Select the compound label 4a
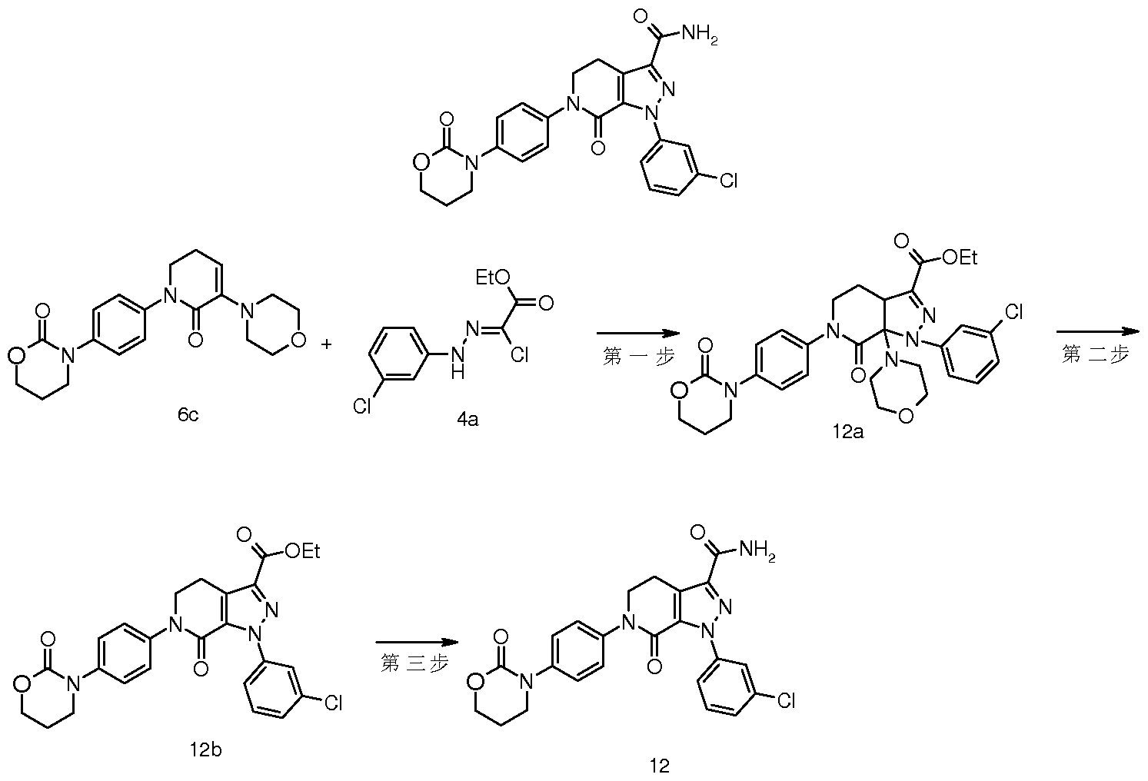[x=468, y=420]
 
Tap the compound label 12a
[x=847, y=431]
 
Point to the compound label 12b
[x=205, y=749]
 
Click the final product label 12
[x=660, y=766]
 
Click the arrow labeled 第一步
[x=638, y=334]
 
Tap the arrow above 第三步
[x=417, y=642]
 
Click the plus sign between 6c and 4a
[x=326, y=344]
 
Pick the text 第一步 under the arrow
[x=638, y=356]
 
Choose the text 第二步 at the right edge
[x=1095, y=354]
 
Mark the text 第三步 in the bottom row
[x=414, y=663]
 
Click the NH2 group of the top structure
[x=699, y=35]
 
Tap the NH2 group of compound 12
[x=757, y=551]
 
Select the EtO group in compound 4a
[x=493, y=278]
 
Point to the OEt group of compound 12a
[x=960, y=258]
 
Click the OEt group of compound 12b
[x=303, y=551]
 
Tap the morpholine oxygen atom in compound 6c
[x=298, y=340]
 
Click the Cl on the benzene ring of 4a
[x=362, y=407]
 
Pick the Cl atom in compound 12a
[x=1013, y=311]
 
